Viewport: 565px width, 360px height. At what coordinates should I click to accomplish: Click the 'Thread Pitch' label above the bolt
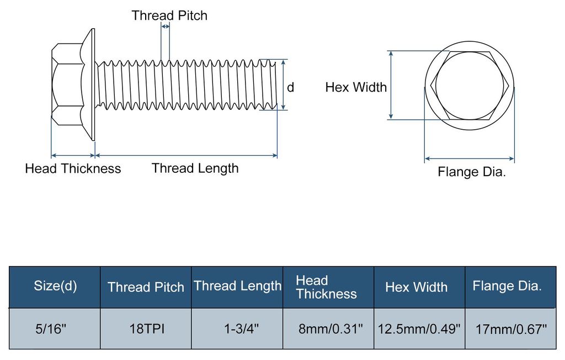[x=169, y=15]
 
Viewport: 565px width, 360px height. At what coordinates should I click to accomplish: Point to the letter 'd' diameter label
[x=290, y=87]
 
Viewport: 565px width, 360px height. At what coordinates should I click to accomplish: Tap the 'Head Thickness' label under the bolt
[x=73, y=168]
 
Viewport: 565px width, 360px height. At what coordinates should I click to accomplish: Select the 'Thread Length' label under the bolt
[x=195, y=168]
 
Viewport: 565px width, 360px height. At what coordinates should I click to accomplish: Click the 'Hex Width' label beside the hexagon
[x=356, y=87]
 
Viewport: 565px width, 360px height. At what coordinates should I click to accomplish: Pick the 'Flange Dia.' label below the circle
[x=472, y=172]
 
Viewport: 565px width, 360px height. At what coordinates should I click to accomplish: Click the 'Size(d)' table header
[x=56, y=285]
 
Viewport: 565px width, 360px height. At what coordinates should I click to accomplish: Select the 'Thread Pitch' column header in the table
[x=146, y=287]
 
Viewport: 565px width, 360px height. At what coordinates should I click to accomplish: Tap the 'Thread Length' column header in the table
[x=237, y=285]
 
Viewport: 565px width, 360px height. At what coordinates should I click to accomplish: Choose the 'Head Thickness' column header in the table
[x=327, y=287]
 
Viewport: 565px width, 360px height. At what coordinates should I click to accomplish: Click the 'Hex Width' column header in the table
[x=416, y=287]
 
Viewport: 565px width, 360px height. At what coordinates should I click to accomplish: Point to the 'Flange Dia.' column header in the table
[x=508, y=285]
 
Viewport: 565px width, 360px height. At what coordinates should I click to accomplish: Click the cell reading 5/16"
[x=51, y=329]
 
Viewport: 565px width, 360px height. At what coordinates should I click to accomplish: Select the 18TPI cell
[x=147, y=329]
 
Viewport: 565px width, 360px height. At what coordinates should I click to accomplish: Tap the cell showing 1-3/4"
[x=242, y=329]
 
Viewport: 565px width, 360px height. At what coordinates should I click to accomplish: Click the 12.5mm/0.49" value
[x=419, y=329]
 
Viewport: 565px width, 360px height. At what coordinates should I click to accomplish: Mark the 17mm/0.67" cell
[x=511, y=329]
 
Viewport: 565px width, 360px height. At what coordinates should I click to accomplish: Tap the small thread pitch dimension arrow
[x=165, y=27]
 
